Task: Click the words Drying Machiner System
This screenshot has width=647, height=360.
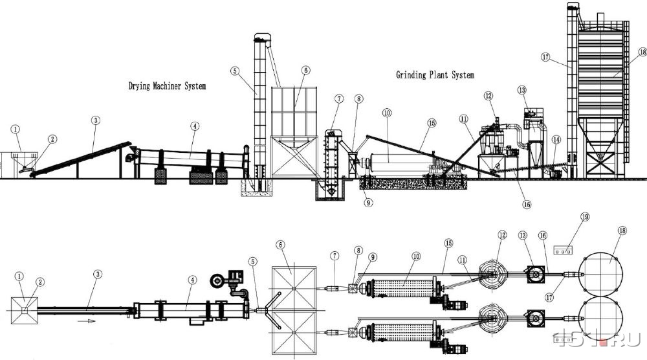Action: pyautogui.click(x=167, y=86)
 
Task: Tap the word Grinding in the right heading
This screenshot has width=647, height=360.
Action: pyautogui.click(x=411, y=74)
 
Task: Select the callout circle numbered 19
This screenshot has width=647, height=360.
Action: pyautogui.click(x=585, y=217)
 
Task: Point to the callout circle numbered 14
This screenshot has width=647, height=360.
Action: pyautogui.click(x=556, y=140)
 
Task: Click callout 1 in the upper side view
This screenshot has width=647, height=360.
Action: pyautogui.click(x=16, y=129)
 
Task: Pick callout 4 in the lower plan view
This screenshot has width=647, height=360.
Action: pyautogui.click(x=192, y=280)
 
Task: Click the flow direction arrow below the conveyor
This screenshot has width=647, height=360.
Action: pyautogui.click(x=87, y=321)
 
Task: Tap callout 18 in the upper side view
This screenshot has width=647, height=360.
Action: pyautogui.click(x=642, y=52)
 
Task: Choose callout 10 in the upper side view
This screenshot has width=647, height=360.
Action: pyautogui.click(x=387, y=113)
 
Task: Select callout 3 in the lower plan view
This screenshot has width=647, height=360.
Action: pyautogui.click(x=98, y=274)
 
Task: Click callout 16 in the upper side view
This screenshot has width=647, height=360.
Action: pyautogui.click(x=527, y=204)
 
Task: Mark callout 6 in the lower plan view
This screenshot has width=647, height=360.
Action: pyautogui.click(x=281, y=245)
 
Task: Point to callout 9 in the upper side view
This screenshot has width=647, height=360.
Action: pyautogui.click(x=369, y=202)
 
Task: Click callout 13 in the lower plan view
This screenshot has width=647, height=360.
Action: pyautogui.click(x=523, y=235)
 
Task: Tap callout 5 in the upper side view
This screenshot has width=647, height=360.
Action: pyautogui.click(x=235, y=71)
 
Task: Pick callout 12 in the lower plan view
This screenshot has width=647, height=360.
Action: pyautogui.click(x=502, y=235)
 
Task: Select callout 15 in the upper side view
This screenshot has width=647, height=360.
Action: pyautogui.click(x=432, y=122)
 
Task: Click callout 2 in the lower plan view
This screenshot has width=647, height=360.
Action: pyautogui.click(x=39, y=282)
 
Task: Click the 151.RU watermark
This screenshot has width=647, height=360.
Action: pyautogui.click(x=597, y=339)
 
